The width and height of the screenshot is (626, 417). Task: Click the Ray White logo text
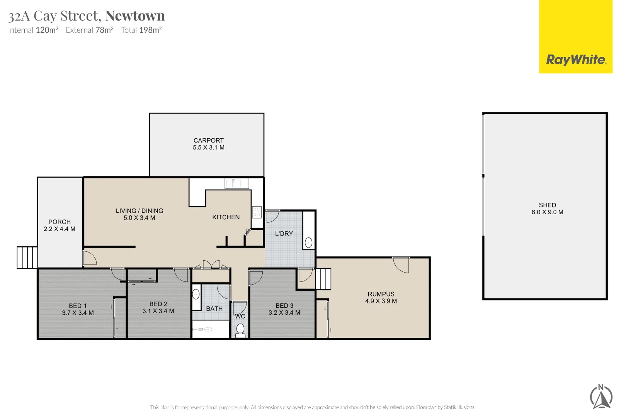[x=576, y=60]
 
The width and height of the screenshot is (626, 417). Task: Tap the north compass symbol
[x=601, y=397]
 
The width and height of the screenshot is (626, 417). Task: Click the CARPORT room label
[x=208, y=141]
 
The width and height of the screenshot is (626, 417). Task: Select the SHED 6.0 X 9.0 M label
[x=547, y=208]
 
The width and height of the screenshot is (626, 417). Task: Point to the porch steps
[x=27, y=258]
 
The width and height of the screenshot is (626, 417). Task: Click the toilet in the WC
[x=240, y=330]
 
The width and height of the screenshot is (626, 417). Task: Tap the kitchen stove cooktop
[x=257, y=212]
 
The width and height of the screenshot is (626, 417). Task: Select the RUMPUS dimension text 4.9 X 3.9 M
[x=381, y=301]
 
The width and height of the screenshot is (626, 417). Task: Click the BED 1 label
[x=77, y=306]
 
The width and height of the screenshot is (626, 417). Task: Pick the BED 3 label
[x=284, y=306]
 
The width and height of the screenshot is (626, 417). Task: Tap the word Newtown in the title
[x=135, y=16]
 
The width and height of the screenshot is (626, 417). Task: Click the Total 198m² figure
[x=141, y=30]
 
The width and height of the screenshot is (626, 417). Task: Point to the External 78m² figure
[x=90, y=30]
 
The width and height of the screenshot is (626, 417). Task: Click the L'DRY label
[x=284, y=234]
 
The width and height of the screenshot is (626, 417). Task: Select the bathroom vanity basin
[x=196, y=295]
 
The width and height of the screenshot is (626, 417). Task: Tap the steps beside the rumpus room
[x=323, y=279]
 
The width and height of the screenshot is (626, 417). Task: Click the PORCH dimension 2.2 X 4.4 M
[x=60, y=229]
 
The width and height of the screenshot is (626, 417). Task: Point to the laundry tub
[x=308, y=242]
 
